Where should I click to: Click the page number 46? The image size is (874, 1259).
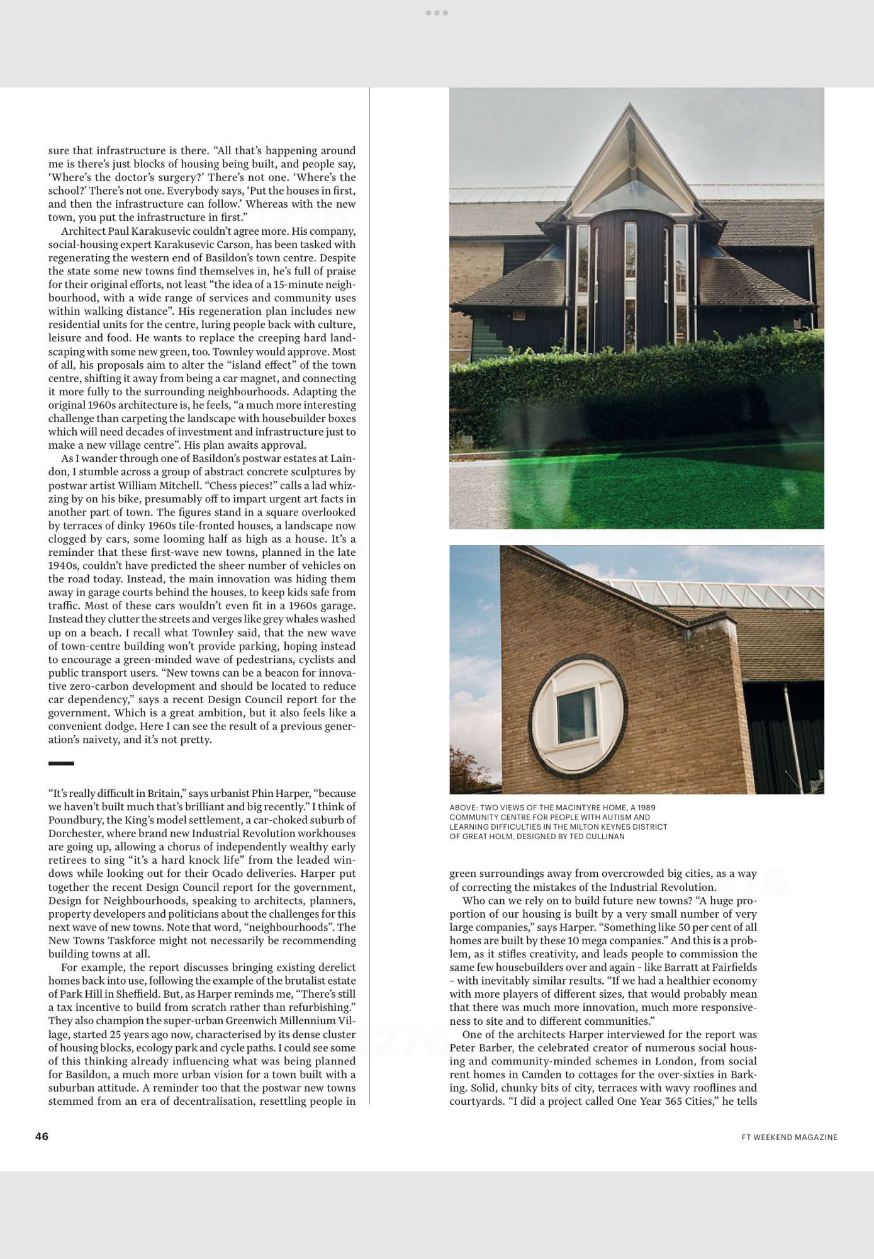click(x=42, y=1136)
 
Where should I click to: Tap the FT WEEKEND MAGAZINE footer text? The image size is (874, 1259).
click(x=789, y=1137)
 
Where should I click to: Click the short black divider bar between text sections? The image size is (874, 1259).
click(x=61, y=763)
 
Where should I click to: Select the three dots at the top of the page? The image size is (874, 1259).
click(x=437, y=13)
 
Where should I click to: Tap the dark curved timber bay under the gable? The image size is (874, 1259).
click(x=630, y=277)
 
